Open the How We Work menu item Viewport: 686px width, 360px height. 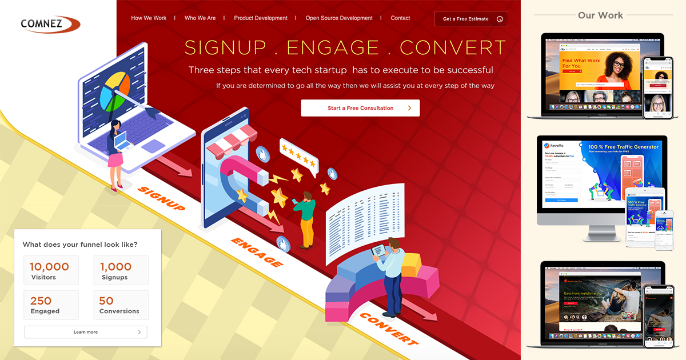[x=149, y=18]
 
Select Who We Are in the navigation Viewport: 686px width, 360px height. [x=200, y=18]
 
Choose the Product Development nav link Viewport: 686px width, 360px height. [x=261, y=18]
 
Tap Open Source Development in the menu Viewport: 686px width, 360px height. [x=339, y=18]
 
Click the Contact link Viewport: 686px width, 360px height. [x=400, y=18]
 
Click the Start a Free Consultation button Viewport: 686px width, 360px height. [x=360, y=108]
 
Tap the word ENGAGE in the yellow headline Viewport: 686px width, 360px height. [x=333, y=47]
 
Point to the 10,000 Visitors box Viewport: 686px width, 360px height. [x=51, y=270]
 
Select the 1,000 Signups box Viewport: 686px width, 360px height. [x=121, y=270]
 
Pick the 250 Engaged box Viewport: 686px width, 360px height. [x=51, y=305]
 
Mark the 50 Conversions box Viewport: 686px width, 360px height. [x=121, y=305]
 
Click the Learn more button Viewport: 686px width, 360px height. [x=85, y=332]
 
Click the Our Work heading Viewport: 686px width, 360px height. [x=600, y=15]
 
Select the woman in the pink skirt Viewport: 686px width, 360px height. [x=116, y=154]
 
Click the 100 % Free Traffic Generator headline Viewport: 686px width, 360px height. [x=624, y=147]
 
